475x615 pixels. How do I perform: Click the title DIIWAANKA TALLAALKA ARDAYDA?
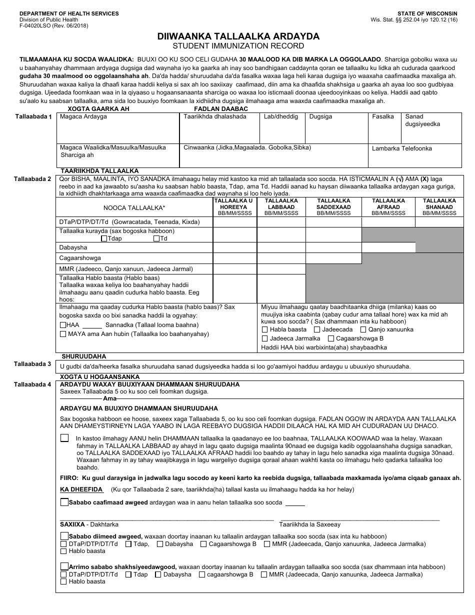click(x=238, y=36)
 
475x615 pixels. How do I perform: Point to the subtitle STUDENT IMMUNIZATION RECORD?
click(x=238, y=45)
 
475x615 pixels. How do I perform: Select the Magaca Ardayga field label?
click(x=83, y=116)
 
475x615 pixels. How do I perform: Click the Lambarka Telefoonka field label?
click(x=401, y=148)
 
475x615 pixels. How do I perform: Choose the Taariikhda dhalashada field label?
click(x=215, y=116)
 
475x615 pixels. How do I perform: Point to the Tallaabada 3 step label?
click(x=32, y=364)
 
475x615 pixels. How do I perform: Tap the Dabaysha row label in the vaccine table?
click(x=73, y=247)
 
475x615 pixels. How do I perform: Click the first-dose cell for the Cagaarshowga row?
click(x=233, y=258)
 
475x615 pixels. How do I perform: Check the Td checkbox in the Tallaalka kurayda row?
click(x=156, y=239)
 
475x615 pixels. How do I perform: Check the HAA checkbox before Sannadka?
click(x=62, y=325)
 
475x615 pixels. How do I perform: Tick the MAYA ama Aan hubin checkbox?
click(x=62, y=334)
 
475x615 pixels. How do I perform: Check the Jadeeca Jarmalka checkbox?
click(x=264, y=338)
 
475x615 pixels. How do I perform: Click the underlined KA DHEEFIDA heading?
click(x=81, y=489)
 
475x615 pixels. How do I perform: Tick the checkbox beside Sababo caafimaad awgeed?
click(x=64, y=502)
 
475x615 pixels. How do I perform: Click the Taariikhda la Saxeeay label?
click(x=309, y=524)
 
